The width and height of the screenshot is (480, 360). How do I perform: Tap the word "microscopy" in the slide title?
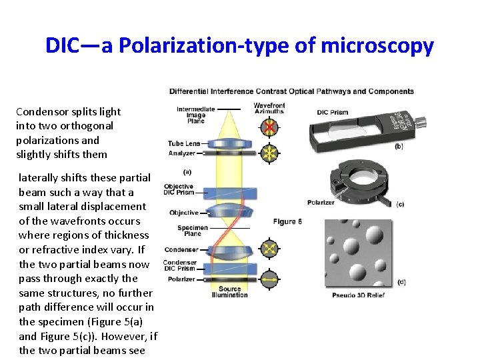click(377, 46)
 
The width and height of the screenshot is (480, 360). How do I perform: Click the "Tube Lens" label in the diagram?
click(184, 143)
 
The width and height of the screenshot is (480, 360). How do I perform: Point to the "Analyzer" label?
click(181, 153)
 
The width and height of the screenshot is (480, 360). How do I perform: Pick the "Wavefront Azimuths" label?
click(269, 108)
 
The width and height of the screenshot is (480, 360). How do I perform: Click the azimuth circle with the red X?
click(269, 127)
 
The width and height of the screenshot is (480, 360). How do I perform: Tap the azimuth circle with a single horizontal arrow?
click(269, 280)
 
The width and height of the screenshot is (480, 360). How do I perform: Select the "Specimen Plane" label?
click(193, 231)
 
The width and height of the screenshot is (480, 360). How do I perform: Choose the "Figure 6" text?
click(288, 222)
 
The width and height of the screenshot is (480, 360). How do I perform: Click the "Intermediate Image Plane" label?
click(195, 113)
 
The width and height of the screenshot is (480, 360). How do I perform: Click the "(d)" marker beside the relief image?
click(401, 283)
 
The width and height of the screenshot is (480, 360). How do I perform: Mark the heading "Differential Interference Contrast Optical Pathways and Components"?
click(291, 91)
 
